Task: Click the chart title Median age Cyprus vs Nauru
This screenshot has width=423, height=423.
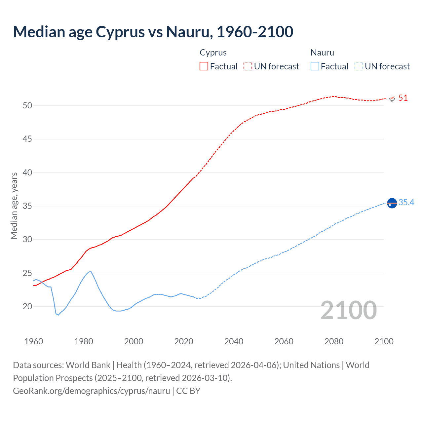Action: point(153,32)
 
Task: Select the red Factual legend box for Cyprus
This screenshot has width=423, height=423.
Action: point(204,66)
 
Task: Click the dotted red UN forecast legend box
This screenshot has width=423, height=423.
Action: point(248,66)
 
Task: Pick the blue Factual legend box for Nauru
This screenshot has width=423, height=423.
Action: point(315,66)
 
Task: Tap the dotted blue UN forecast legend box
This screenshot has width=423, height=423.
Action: point(359,66)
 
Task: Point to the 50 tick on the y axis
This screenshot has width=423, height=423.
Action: point(27,105)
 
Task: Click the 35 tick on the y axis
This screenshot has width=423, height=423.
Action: point(27,206)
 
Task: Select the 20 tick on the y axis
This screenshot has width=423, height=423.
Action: point(27,306)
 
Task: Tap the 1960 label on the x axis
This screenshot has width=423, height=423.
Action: point(34,341)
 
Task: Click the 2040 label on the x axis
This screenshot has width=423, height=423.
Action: point(234,341)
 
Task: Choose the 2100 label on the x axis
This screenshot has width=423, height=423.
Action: point(384,341)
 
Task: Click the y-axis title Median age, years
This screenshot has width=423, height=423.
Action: point(14,206)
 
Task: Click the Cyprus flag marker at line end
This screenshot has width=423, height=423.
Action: point(392,98)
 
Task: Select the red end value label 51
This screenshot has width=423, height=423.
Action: point(403,98)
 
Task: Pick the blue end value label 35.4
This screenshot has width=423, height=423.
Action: point(406,202)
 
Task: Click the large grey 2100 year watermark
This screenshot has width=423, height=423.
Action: point(348,310)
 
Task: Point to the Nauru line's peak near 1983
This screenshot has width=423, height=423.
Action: point(91,271)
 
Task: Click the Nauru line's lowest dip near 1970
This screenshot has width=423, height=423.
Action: point(58,315)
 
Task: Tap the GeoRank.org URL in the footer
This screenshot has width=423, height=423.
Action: point(91,391)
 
